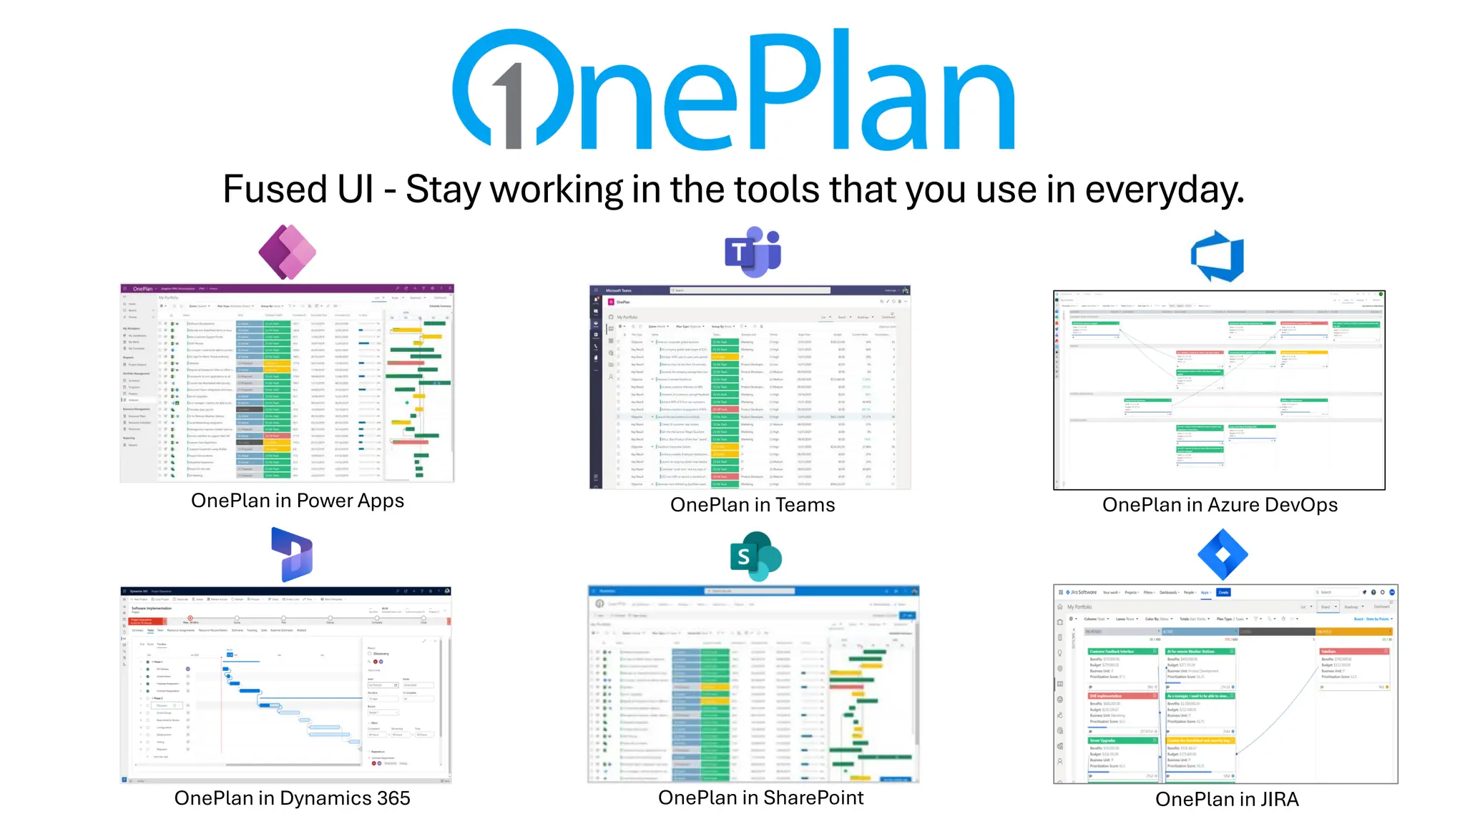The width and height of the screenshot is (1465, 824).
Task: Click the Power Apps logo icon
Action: pos(288,252)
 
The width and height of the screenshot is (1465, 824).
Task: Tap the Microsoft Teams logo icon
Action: pos(753,252)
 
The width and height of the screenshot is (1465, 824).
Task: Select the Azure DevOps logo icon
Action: pos(1217,256)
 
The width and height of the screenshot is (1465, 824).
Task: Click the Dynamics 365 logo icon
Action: pos(293,554)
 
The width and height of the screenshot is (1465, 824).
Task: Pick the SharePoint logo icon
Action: pos(755,556)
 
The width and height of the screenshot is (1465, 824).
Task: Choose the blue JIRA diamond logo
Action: pos(1223,554)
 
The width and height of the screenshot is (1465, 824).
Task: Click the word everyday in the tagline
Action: pos(1164,190)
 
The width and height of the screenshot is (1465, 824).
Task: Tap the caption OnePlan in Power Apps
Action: pos(298,501)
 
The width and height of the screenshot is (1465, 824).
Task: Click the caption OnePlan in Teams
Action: pos(753,505)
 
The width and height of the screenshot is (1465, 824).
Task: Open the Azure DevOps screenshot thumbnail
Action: pos(1219,390)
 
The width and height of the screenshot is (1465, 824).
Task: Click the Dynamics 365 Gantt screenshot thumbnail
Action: pos(286,685)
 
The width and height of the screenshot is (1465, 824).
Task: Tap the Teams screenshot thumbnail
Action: pos(750,387)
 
